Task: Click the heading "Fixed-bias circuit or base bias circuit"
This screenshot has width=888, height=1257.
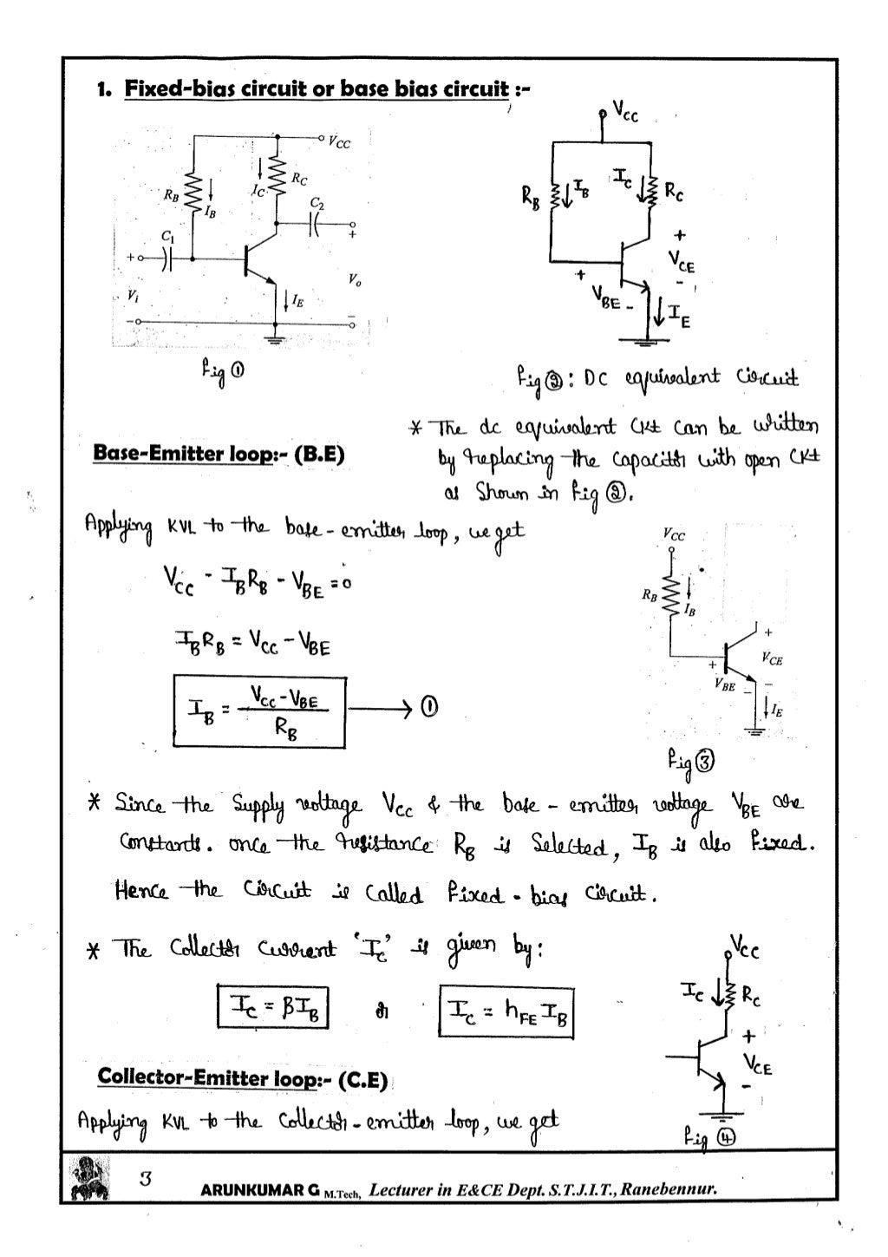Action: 317,89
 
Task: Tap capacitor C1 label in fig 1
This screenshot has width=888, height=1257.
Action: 166,235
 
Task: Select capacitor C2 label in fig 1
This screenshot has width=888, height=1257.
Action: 317,203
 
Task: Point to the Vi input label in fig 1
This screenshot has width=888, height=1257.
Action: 133,294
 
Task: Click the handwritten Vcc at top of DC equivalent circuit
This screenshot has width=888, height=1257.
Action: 625,112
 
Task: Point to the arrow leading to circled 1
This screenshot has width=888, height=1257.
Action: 380,710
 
